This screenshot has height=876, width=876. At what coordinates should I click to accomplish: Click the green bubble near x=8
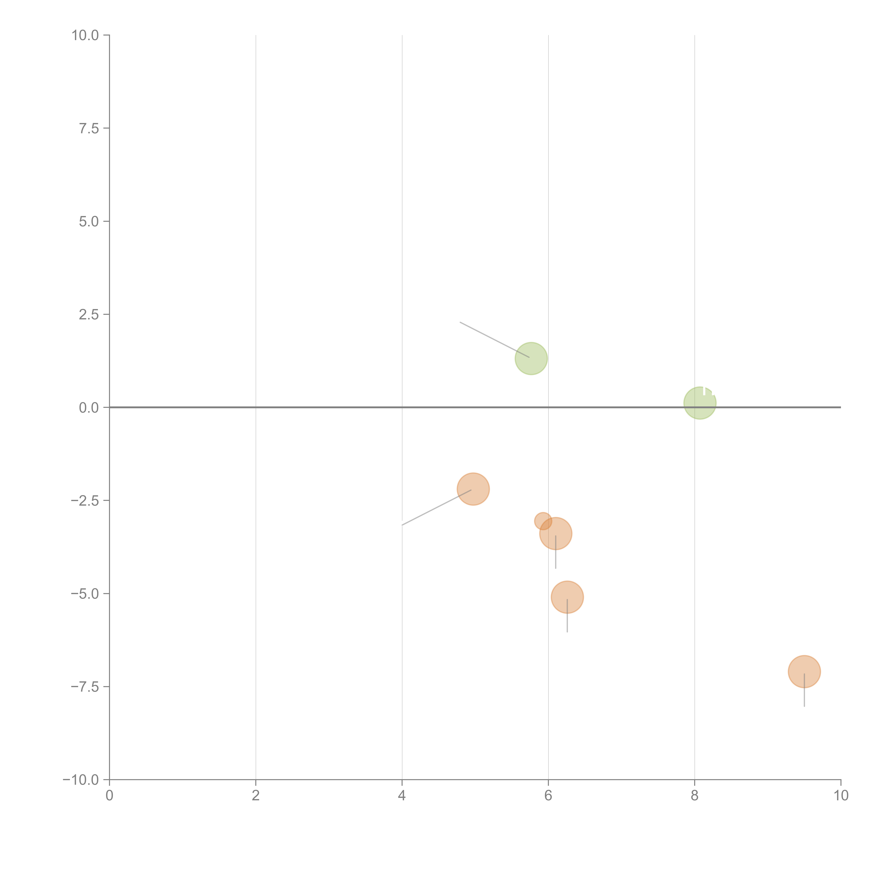click(700, 403)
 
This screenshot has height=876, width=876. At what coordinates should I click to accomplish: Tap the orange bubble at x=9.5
click(804, 672)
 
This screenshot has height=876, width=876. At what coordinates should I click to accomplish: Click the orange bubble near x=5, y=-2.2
click(473, 489)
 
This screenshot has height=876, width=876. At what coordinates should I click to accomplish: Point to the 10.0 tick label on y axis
click(85, 35)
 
